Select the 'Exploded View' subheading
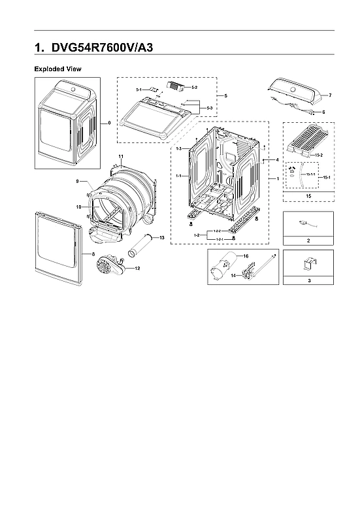coord(57,69)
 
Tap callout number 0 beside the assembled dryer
coord(108,122)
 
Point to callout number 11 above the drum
coord(121,156)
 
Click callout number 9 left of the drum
coord(77,181)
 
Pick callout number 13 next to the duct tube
coord(161,238)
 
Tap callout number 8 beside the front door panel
coord(93,253)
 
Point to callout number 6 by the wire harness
coord(323,112)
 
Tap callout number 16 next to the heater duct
coord(246,257)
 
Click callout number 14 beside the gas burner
coord(232,277)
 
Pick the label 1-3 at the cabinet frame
coord(178,150)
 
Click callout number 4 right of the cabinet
coord(277,159)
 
